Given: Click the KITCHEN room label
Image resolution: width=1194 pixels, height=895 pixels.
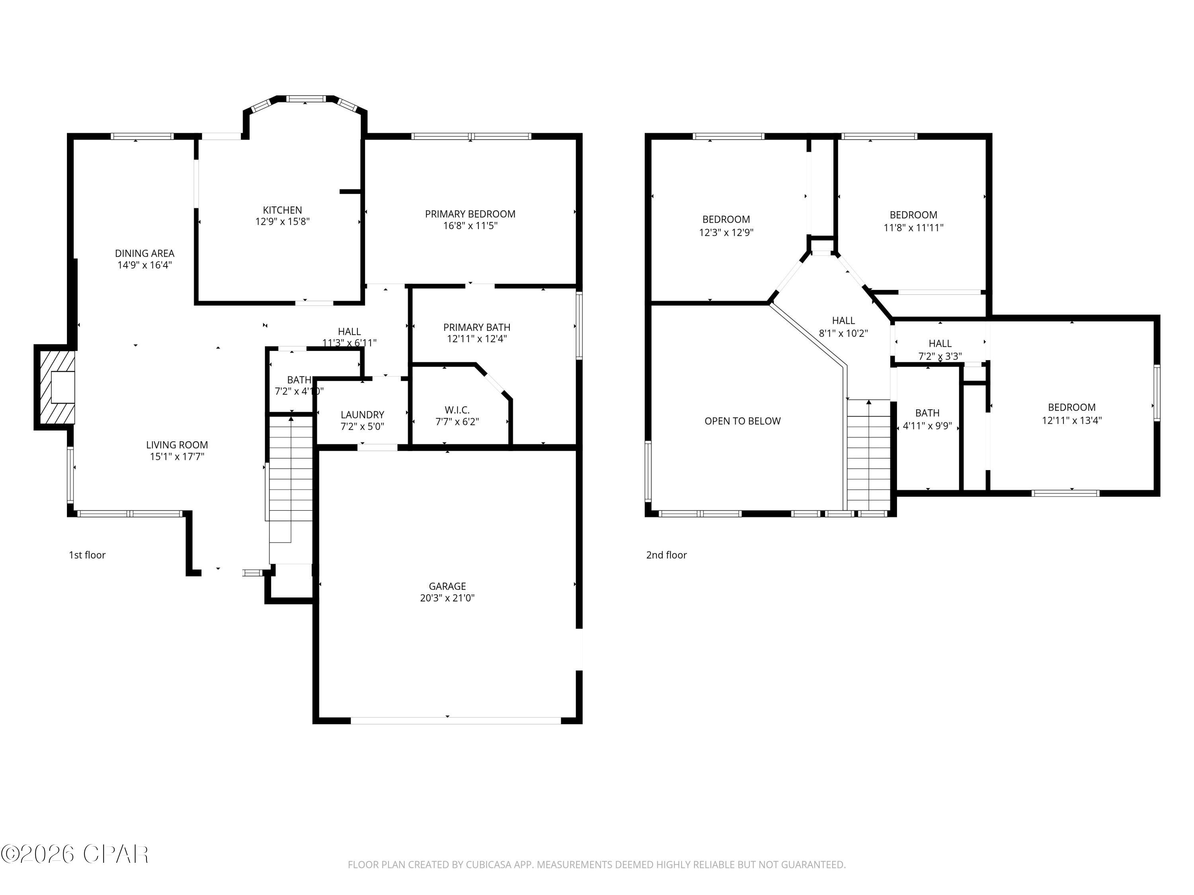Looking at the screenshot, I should coord(282,210).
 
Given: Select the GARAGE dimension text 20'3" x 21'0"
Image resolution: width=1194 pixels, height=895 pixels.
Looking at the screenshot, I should coord(447,598).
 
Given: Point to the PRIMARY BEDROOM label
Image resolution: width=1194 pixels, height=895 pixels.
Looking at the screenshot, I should coord(470,214).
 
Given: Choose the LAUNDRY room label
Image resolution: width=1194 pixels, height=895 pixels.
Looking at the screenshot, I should coord(362,415).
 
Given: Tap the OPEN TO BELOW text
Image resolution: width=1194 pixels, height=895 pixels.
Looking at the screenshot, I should coord(742,421).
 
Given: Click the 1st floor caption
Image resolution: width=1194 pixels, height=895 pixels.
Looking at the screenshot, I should coord(87,555).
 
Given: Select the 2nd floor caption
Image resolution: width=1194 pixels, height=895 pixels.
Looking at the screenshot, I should coord(666,555).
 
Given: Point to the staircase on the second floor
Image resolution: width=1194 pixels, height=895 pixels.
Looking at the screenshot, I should coord(868,453).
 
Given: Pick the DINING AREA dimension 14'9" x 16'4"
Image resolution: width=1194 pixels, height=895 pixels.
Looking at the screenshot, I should coord(144,265).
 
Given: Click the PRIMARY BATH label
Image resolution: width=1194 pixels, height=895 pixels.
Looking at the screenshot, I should coord(477,327).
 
